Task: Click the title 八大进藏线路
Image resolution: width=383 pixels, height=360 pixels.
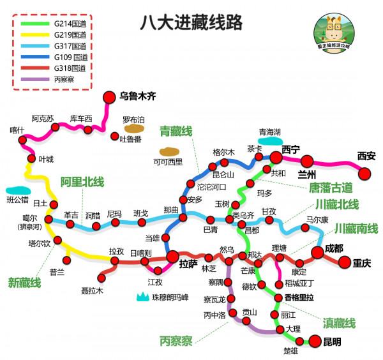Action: coord(191,23)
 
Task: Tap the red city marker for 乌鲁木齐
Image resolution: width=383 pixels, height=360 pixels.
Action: coord(108,96)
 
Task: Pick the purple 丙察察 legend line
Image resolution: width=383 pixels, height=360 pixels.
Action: coord(34,80)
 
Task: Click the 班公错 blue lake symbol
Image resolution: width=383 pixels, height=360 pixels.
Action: coord(17,190)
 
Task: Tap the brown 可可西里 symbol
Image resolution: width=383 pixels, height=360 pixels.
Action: coord(169,152)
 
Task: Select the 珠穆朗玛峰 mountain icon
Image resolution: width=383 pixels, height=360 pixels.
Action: coord(142,297)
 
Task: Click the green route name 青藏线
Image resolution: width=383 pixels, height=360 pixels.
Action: coord(176,131)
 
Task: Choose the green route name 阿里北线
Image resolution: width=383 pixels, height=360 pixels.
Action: coord(82,182)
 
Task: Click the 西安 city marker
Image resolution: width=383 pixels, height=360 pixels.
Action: coord(365,173)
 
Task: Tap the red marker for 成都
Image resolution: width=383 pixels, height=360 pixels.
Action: coord(317,253)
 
